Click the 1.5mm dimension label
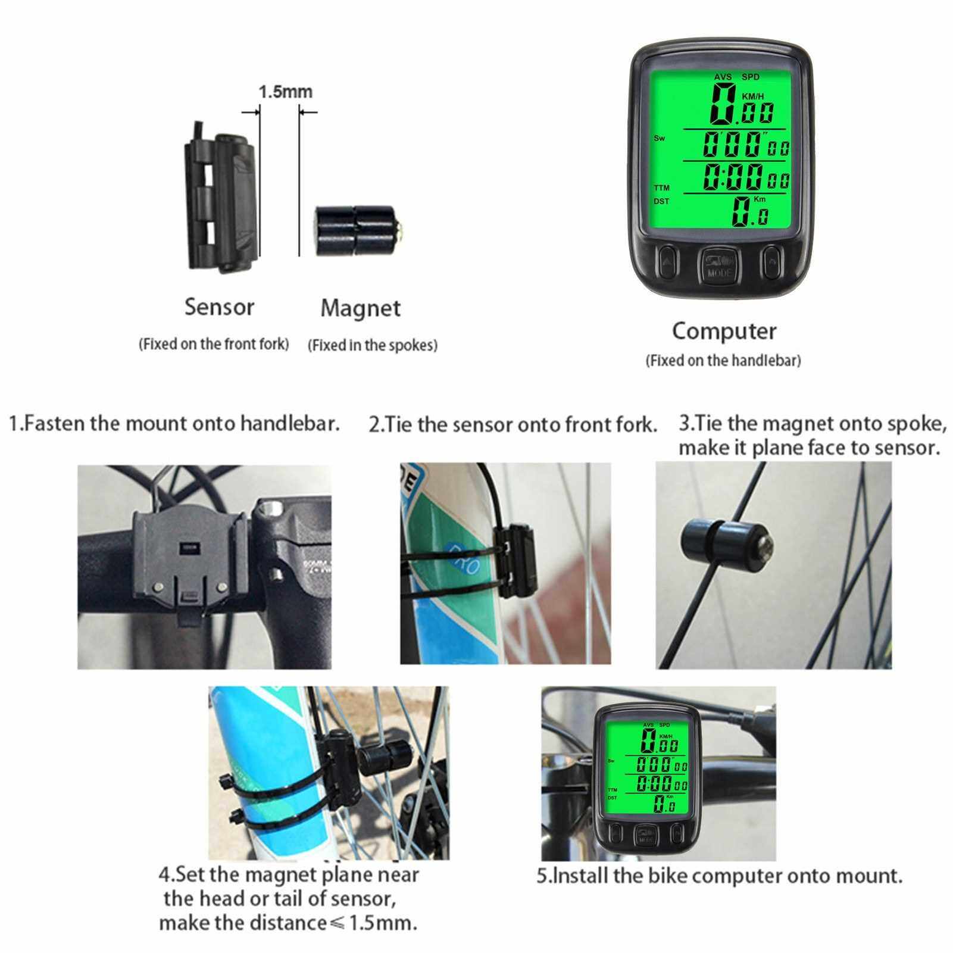tap(285, 92)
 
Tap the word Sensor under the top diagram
tap(219, 307)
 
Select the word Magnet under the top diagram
tap(360, 308)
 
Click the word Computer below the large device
tap(724, 331)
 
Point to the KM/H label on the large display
tap(752, 96)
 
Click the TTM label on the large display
tap(661, 188)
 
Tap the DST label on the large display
tap(661, 201)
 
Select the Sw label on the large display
tap(660, 139)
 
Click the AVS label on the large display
tap(723, 77)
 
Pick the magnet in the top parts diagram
tap(357, 230)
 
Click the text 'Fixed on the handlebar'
tap(723, 361)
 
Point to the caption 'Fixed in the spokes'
tap(373, 345)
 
